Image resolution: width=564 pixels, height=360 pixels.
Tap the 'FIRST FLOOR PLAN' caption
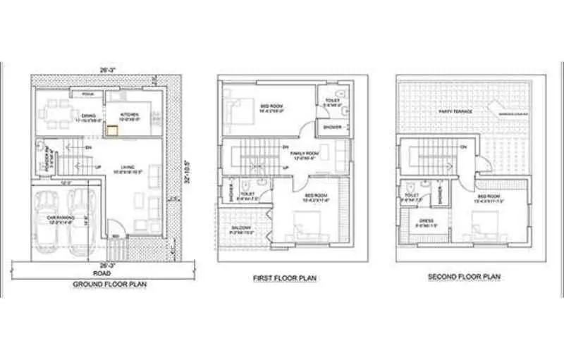pos(285,279)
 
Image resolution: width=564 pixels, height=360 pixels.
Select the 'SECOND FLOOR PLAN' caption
pos(464,277)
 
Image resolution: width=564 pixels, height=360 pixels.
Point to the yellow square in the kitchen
pos(111,129)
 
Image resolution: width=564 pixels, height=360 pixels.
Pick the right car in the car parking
pos(82,220)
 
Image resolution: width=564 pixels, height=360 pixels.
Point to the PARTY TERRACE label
pos(455,111)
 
